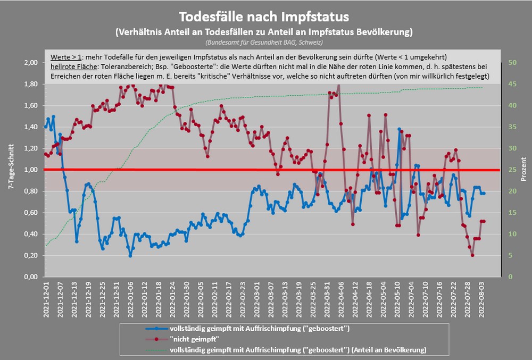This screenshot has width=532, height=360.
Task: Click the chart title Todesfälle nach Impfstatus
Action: [x=265, y=15]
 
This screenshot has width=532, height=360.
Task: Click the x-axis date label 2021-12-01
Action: [x=47, y=299]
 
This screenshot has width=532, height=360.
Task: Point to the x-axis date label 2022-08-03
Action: [x=483, y=299]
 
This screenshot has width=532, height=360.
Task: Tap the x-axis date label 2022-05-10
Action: [x=398, y=299]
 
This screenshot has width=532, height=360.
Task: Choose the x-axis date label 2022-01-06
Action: [x=131, y=299]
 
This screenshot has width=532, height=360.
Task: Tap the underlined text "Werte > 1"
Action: [x=66, y=56]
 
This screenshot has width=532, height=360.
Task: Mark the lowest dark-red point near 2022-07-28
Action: [x=472, y=255]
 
